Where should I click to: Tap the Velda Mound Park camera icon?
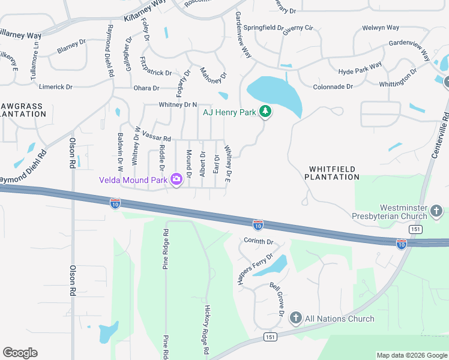176,179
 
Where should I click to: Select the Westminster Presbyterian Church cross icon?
436,211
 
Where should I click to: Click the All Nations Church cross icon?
295,318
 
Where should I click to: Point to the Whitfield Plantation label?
332,173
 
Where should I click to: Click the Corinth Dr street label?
258,241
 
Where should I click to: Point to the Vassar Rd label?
158,137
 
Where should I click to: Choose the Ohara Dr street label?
146,88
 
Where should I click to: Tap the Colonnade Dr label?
333,87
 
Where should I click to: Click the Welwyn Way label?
381,28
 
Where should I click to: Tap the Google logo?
20,353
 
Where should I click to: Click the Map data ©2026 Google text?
411,355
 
